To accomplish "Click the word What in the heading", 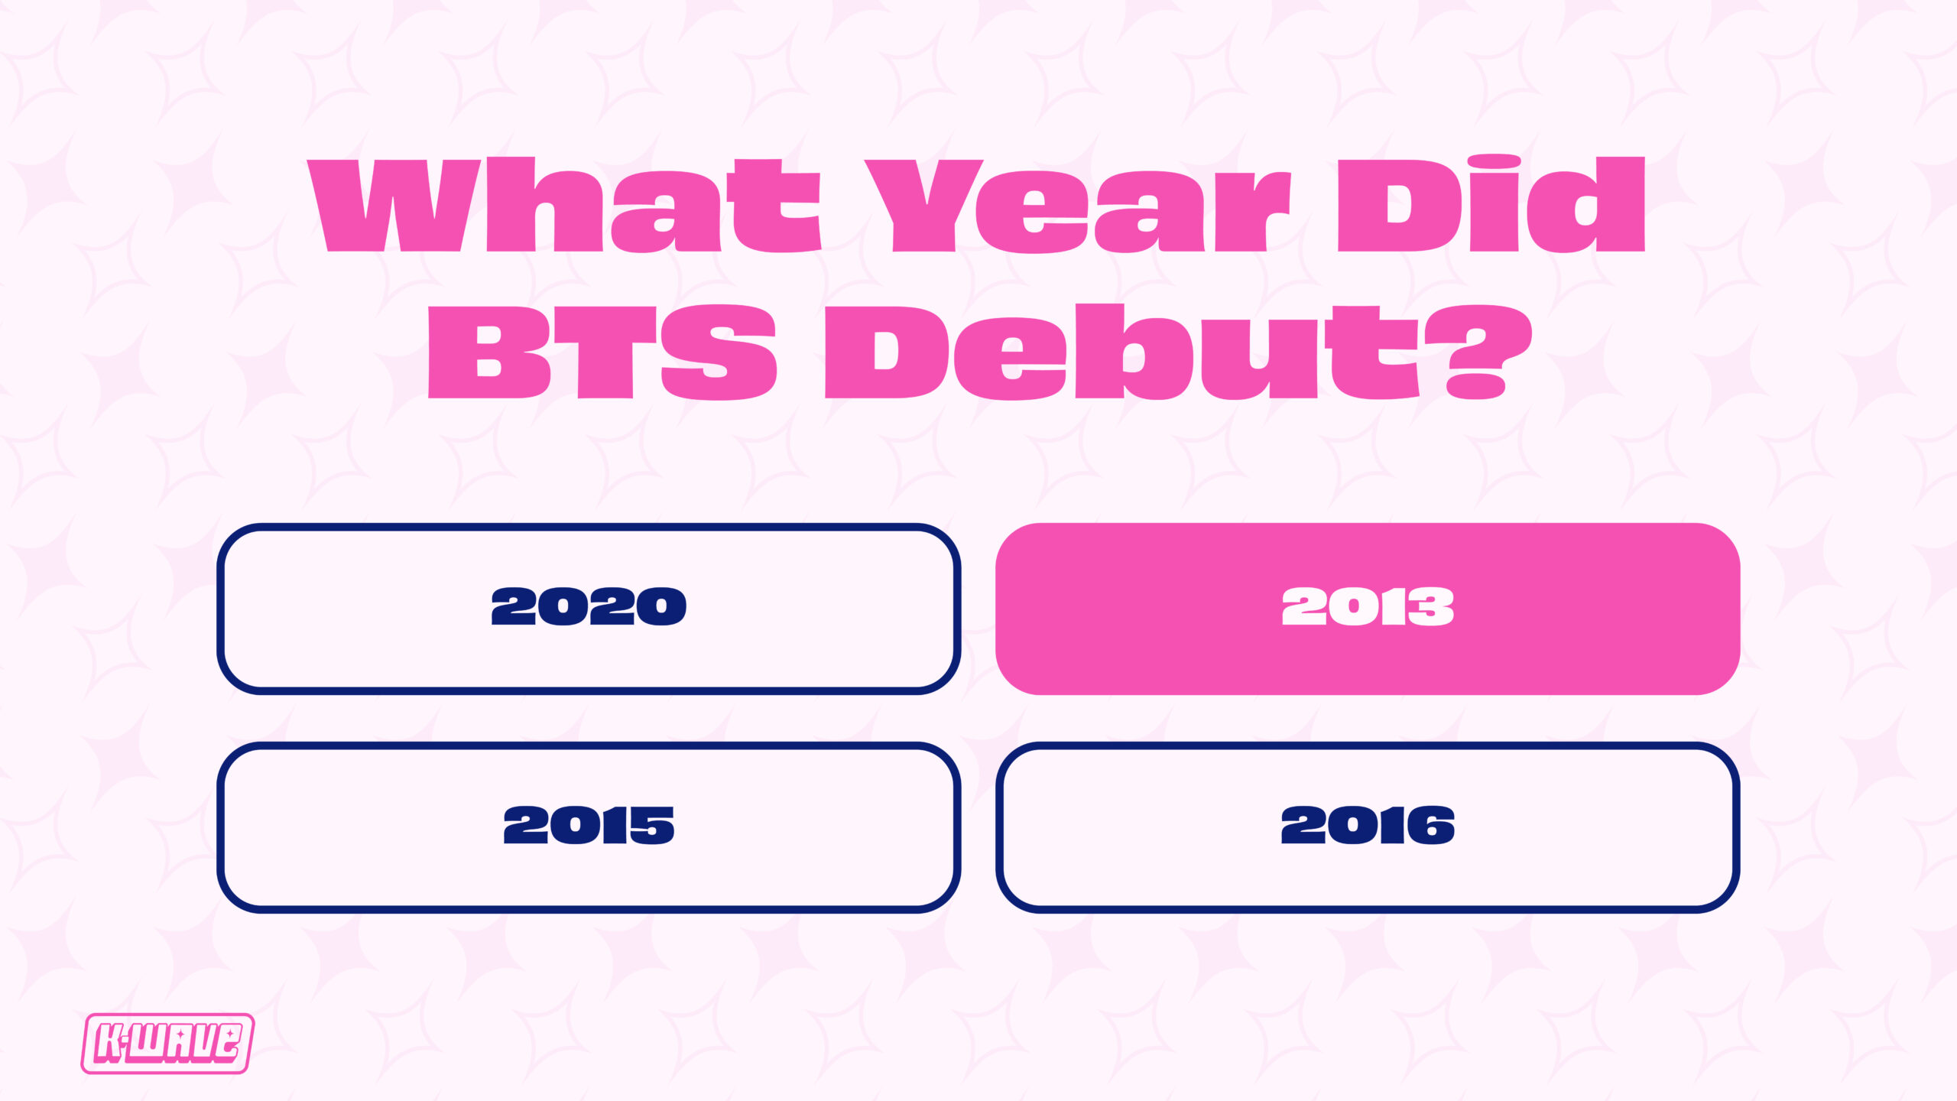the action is coord(564,205).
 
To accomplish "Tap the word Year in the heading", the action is coord(1078,205).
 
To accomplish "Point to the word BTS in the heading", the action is coord(602,352).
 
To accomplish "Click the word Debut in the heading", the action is coord(1124,351).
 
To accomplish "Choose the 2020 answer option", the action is coord(589,609).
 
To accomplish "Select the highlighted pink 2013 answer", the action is coord(1368,609).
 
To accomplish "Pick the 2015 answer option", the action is coord(589,827).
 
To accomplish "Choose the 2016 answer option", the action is coord(1368,827).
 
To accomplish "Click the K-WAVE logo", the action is coord(167,1044).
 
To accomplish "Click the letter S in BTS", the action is coord(719,352).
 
